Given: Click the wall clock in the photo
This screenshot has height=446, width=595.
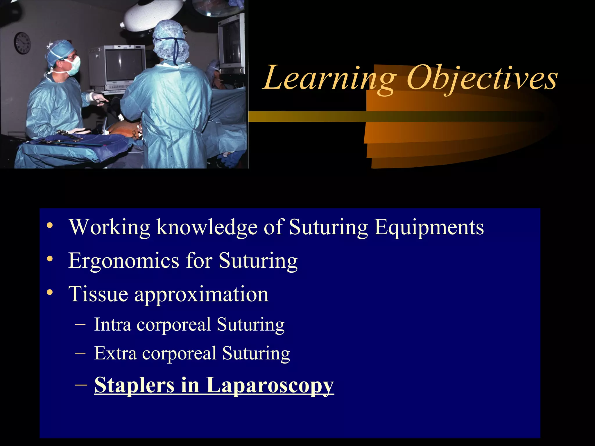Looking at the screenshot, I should [x=22, y=43].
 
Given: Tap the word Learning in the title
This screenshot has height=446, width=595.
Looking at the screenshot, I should [x=330, y=78].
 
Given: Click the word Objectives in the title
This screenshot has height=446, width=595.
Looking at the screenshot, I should [x=482, y=78].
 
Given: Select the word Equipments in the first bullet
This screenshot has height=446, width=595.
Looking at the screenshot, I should [x=429, y=227].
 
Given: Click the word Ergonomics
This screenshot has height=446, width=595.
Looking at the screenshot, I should [x=123, y=261].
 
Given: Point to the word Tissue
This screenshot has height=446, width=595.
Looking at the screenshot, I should [x=98, y=294].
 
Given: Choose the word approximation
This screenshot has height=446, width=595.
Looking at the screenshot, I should [x=201, y=294].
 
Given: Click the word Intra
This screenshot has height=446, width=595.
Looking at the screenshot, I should [x=112, y=324].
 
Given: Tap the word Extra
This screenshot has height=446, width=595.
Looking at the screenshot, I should [x=115, y=353].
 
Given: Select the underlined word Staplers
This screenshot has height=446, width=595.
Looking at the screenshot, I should [x=134, y=385].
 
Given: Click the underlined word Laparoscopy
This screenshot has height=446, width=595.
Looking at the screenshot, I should [x=270, y=386].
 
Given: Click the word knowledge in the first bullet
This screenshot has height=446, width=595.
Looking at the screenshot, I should [x=207, y=227].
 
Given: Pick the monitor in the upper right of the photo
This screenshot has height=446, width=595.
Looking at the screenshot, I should [x=231, y=44].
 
